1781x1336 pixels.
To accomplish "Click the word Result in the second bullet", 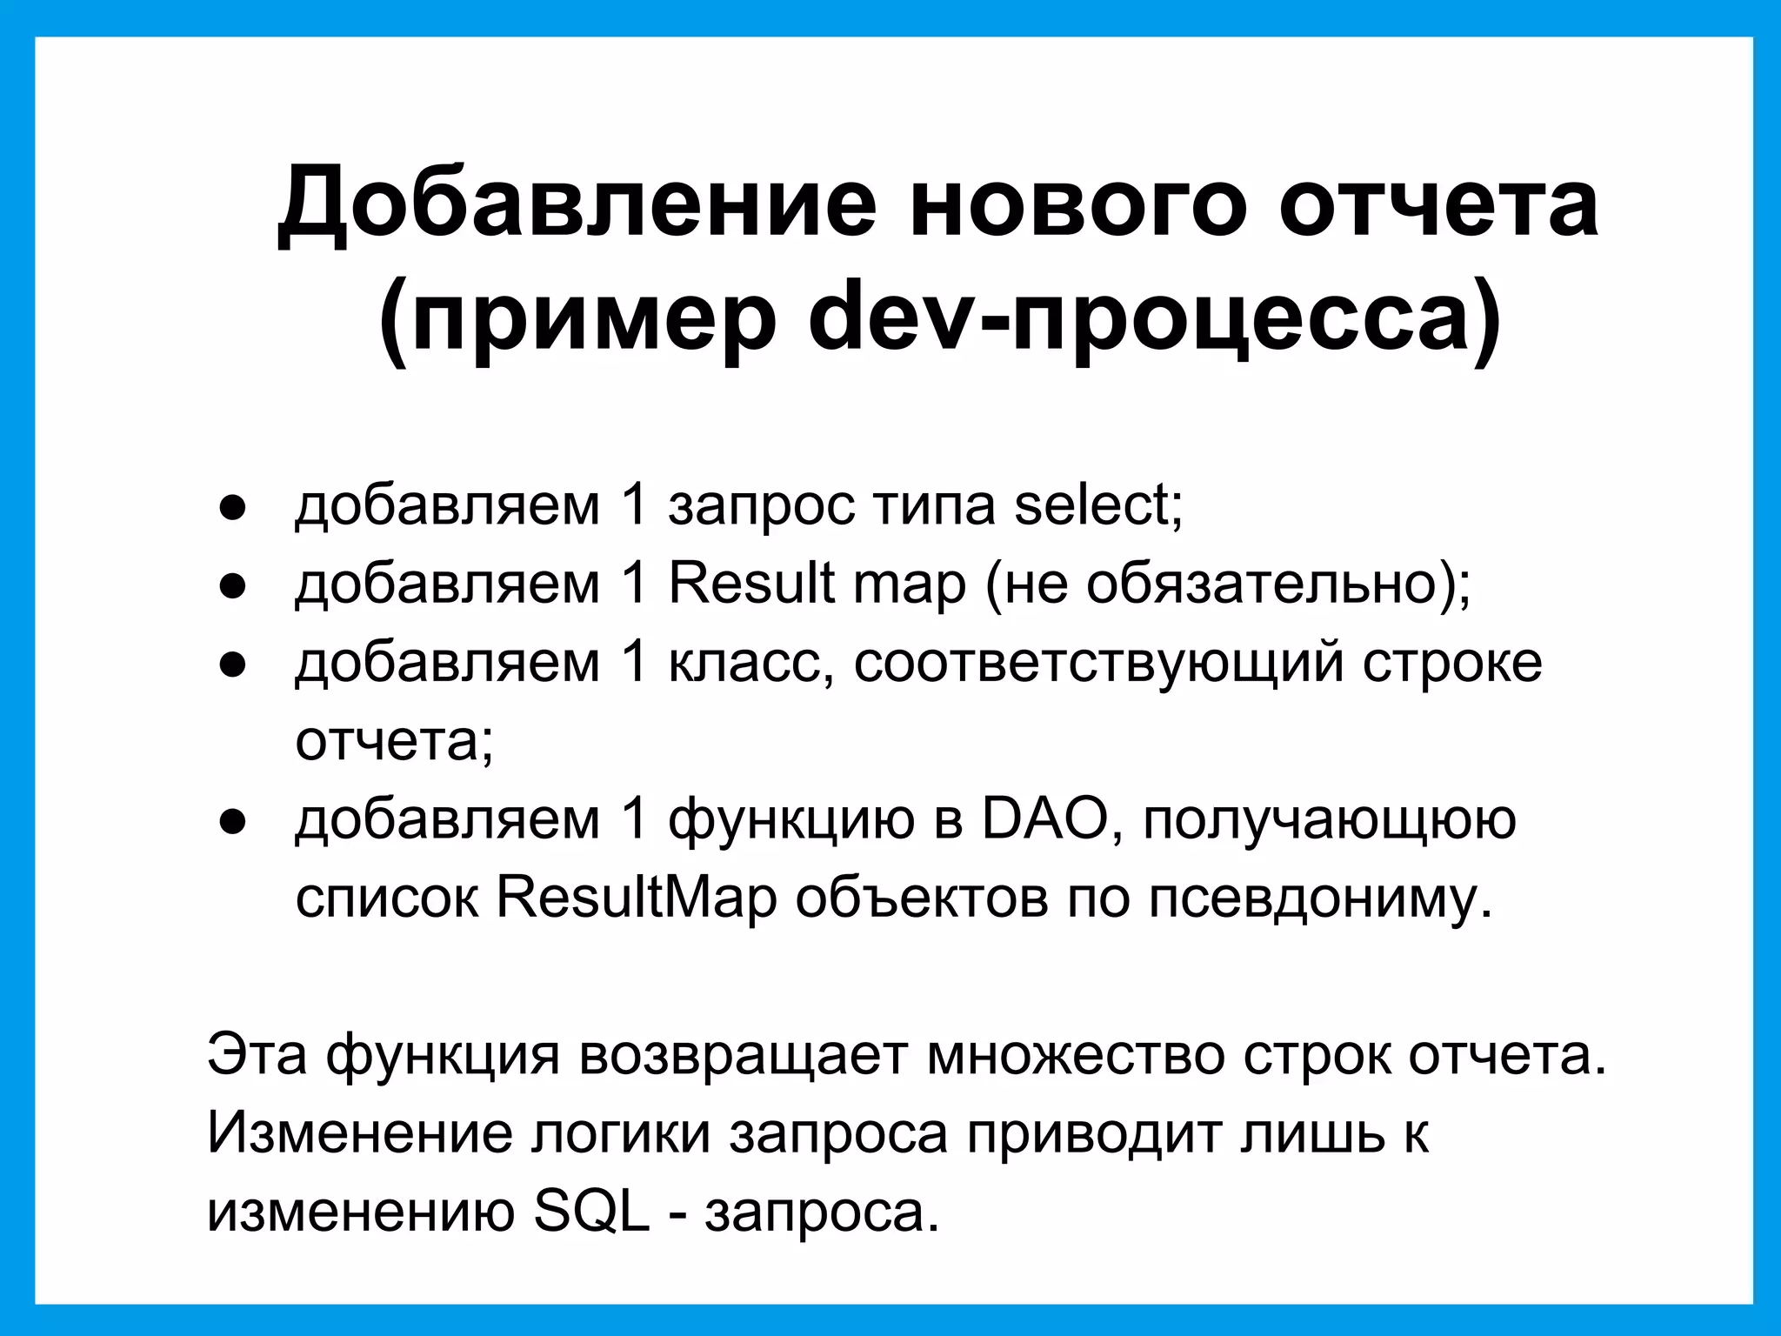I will (x=751, y=583).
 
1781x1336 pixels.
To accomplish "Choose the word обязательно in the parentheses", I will (x=1260, y=583).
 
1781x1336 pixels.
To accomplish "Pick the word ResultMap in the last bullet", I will (x=636, y=898).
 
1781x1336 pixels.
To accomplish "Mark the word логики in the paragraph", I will (x=621, y=1133).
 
